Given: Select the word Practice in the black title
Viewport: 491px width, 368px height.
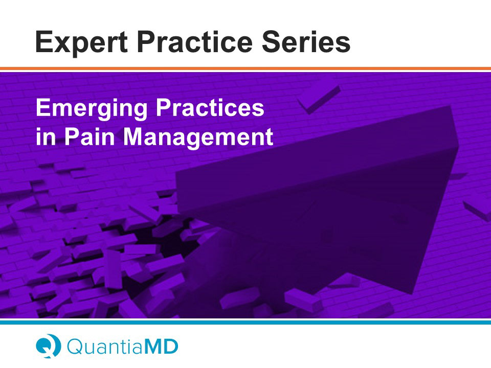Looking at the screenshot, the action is pyautogui.click(x=194, y=41).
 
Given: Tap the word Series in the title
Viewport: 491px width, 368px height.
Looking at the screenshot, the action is pyautogui.click(x=306, y=41).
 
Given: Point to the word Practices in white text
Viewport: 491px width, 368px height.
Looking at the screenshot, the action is pyautogui.click(x=210, y=107).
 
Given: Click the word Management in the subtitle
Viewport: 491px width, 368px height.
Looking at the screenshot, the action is pyautogui.click(x=198, y=137).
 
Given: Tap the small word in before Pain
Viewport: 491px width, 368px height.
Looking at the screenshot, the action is pyautogui.click(x=46, y=136).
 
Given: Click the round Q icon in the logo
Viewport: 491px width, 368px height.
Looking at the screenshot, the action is pyautogui.click(x=48, y=346).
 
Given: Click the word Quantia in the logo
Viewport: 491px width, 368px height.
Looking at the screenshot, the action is pyautogui.click(x=104, y=346).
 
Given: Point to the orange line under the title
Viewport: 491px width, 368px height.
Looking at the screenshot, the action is pyautogui.click(x=245, y=68).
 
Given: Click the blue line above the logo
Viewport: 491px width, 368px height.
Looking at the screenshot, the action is pyautogui.click(x=245, y=322).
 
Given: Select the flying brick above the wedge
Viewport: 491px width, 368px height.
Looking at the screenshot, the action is pyautogui.click(x=319, y=100).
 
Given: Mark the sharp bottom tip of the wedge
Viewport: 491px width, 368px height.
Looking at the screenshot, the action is pyautogui.click(x=410, y=294).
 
